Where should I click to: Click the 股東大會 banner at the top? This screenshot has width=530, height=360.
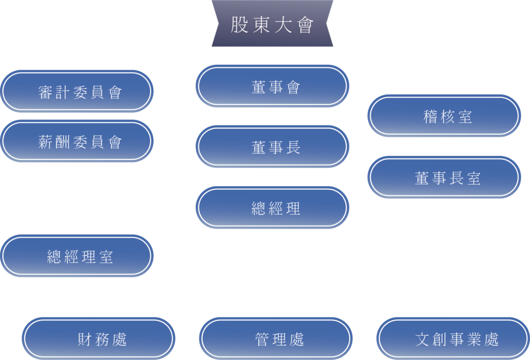[272, 24]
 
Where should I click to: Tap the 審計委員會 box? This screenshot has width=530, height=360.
[78, 92]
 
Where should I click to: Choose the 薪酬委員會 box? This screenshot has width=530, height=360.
[78, 141]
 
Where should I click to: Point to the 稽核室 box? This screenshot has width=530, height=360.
[444, 116]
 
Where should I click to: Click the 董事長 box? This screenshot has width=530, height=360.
[272, 147]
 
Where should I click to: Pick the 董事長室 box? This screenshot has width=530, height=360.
[444, 178]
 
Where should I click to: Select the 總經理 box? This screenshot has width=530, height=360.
[272, 208]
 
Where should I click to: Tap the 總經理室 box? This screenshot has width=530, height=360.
[78, 256]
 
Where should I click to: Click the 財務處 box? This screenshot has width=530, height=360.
[99, 339]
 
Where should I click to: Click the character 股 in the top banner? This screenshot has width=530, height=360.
[239, 25]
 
